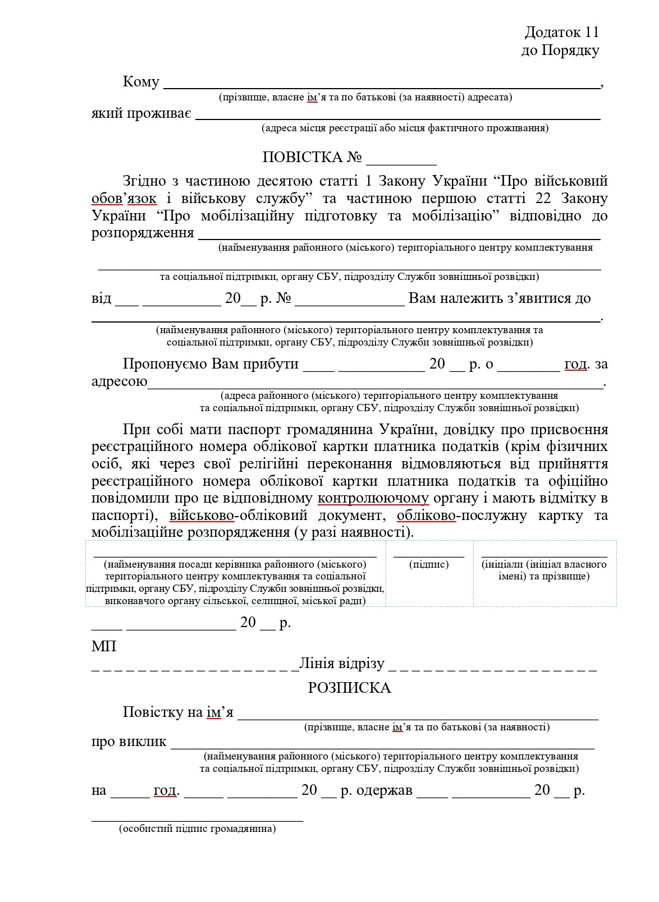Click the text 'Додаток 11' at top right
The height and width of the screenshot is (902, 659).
pos(562,32)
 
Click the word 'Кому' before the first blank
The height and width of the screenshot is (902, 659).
pos(141,82)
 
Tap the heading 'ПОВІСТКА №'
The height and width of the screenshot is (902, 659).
pos(312,158)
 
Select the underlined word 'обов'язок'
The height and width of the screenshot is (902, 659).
pos(124,199)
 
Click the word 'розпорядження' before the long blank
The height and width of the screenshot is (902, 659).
pos(143,233)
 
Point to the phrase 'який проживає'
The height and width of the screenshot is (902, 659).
pos(141,114)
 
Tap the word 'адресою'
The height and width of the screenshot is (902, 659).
pos(119,382)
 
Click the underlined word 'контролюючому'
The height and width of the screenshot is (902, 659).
pos(373,498)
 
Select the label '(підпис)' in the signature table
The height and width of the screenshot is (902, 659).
pos(429,564)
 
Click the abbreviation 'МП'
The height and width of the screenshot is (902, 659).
pos(104,646)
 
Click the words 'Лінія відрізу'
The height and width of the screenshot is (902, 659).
pos(342,664)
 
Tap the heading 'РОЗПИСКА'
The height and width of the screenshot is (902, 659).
pos(349,688)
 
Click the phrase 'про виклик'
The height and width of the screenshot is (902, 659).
pos(129,742)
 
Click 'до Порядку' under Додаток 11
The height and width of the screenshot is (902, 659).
pos(560,50)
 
